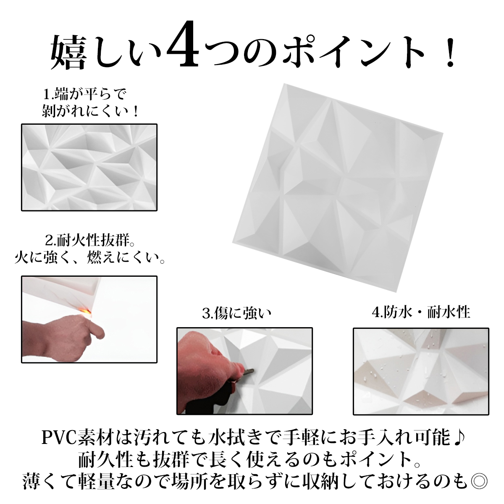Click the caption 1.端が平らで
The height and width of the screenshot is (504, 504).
[x=85, y=94]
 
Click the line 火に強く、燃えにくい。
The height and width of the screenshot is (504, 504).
[x=89, y=258]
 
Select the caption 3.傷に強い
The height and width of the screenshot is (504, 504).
[x=236, y=313]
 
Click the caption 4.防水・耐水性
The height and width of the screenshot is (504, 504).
[x=421, y=312]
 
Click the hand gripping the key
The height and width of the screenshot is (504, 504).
[x=209, y=364]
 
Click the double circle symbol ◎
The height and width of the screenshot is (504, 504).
[x=478, y=481]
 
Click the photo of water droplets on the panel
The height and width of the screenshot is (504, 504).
[x=421, y=371]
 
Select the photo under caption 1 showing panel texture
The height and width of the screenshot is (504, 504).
[x=89, y=168]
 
